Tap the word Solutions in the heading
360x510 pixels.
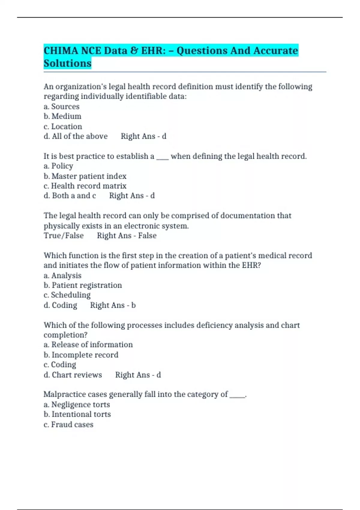(67, 64)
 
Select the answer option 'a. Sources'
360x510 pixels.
(61, 106)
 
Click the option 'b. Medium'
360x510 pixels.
(62, 116)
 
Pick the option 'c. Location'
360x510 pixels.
(63, 126)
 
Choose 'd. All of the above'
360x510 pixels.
(76, 136)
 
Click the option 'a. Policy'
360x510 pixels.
(58, 166)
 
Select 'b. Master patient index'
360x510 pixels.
(85, 176)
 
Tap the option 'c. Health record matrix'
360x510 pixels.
(85, 186)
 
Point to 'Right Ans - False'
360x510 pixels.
(127, 235)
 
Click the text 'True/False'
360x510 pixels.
(64, 235)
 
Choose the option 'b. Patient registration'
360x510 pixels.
(83, 285)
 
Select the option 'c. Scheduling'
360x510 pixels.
(67, 295)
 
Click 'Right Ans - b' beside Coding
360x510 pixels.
(113, 305)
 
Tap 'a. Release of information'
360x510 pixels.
(88, 345)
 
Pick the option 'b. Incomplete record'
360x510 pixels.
(81, 355)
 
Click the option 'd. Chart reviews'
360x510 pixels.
(73, 375)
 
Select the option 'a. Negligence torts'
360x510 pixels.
(77, 405)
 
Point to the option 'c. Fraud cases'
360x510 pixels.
(68, 424)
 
